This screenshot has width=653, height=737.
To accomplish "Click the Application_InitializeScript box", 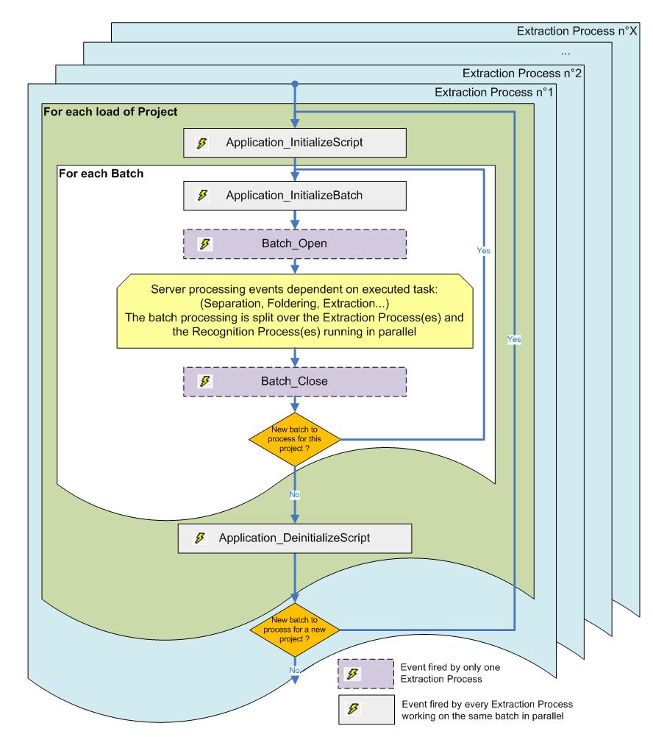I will (x=294, y=143).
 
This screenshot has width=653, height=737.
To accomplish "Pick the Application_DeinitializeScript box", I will (x=294, y=538).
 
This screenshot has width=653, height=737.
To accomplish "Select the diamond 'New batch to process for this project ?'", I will (x=294, y=438).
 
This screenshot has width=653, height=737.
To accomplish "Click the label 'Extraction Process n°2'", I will (x=522, y=74).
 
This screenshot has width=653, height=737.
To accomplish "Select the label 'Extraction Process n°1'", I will (x=495, y=93).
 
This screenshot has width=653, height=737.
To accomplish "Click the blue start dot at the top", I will (x=295, y=83).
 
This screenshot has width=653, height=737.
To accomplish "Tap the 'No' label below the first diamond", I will (x=294, y=496).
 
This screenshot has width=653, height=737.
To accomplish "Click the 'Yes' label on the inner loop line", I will (x=484, y=249).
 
